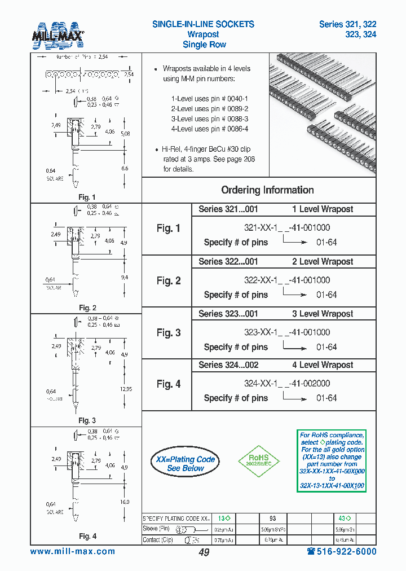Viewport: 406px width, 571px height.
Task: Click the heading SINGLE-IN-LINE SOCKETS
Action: [x=203, y=24]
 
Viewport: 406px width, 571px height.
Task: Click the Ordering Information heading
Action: [x=267, y=190]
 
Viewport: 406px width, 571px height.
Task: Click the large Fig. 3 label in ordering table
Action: [x=169, y=333]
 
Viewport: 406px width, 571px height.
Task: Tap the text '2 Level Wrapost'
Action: [x=323, y=262]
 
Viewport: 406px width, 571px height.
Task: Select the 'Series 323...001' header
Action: [x=228, y=314]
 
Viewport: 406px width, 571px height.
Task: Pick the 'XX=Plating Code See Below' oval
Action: [x=186, y=464]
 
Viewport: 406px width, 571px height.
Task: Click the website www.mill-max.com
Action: [x=72, y=552]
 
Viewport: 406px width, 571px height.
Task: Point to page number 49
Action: [x=204, y=552]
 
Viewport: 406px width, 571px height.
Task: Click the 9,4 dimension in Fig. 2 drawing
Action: [x=124, y=278]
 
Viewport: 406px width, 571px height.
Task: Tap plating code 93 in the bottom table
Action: [x=272, y=518]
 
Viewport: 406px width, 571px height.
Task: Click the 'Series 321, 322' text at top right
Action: [x=347, y=24]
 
